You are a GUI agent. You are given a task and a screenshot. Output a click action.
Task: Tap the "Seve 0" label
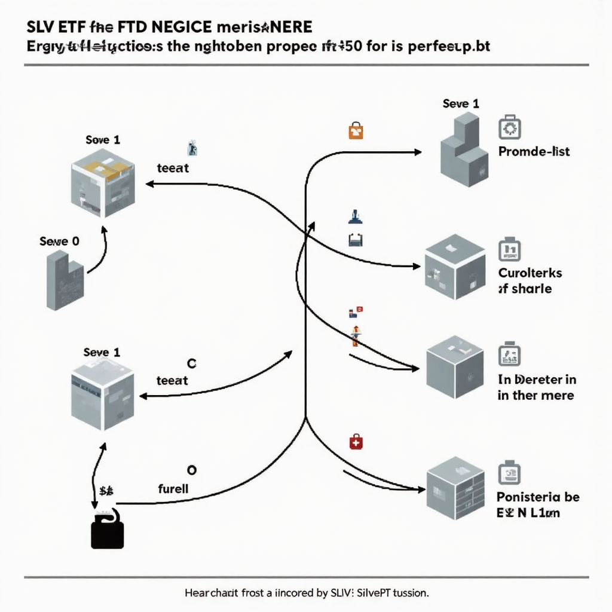coord(59,241)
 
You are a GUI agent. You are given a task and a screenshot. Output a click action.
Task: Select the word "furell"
coord(173,488)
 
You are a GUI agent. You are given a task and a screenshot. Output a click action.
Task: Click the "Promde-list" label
coord(534,152)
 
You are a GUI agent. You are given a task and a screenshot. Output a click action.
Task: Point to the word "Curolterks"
coord(530,273)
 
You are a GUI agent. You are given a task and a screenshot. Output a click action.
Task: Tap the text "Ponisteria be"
coord(538,497)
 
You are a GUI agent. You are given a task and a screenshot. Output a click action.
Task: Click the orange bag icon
coord(356,130)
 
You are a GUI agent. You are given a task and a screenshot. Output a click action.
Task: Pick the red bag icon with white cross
coord(356,442)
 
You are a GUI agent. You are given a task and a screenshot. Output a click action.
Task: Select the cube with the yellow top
coord(103,183)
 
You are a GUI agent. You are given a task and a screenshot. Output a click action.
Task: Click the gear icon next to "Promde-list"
coord(509,128)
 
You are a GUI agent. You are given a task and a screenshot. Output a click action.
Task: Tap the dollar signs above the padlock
coord(107,491)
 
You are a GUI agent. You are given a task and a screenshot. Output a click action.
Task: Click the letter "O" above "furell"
coord(192,470)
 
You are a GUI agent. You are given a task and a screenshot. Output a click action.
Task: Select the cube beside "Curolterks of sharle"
coord(455,267)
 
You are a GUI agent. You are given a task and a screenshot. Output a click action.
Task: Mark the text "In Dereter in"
coord(537,380)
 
